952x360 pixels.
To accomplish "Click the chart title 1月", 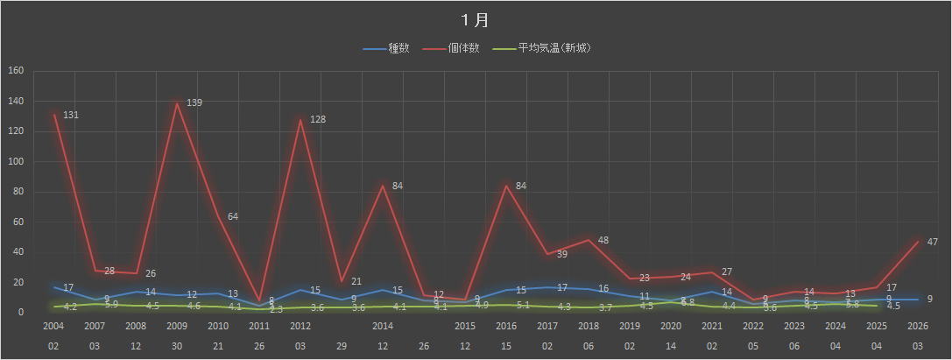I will click(476, 19).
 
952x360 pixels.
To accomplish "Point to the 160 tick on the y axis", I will click(17, 72).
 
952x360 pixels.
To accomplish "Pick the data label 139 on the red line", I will click(194, 103).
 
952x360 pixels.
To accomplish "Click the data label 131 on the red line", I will click(72, 116).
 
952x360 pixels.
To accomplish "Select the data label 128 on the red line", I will click(318, 119).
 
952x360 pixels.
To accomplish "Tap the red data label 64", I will click(234, 216).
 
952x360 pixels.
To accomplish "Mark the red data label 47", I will click(933, 241).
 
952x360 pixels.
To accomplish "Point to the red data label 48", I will click(603, 240).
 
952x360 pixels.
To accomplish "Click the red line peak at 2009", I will click(178, 103).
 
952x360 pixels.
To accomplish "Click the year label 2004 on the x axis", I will click(54, 326).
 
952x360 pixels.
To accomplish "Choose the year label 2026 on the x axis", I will click(918, 326).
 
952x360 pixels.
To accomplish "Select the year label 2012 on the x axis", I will click(301, 326).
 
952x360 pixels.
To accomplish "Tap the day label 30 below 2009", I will click(178, 345).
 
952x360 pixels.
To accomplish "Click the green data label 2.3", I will click(276, 309).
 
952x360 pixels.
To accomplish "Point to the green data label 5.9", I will click(112, 305).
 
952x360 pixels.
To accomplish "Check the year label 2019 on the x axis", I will click(630, 326).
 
